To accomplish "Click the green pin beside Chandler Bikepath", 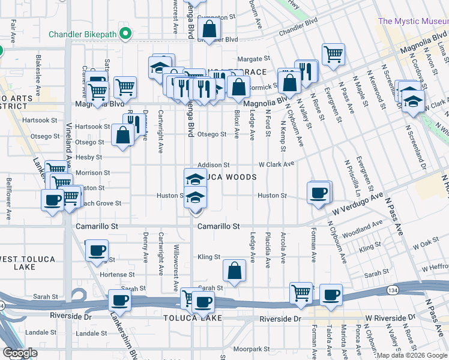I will coord(125,33).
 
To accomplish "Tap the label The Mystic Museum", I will coord(413,21).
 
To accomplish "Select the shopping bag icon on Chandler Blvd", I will coord(209,29).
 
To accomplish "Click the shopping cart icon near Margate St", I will coord(333,54).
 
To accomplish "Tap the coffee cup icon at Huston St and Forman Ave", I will coord(318,193).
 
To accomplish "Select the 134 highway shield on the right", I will coord(392,290).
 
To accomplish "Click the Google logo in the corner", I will coord(20,353).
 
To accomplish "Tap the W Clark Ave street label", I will coord(276,164).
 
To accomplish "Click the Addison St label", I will coord(214,164).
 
